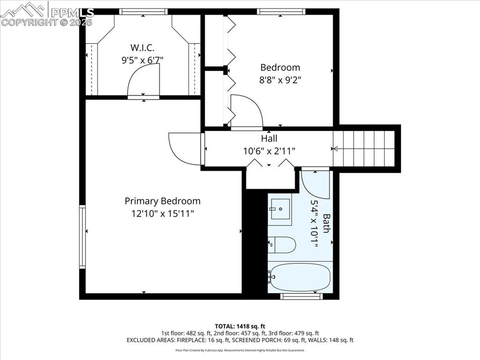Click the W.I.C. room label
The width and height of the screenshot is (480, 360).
[142, 47]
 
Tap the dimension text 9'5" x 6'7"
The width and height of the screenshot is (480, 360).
[142, 60]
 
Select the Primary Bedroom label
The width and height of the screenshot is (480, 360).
[162, 201]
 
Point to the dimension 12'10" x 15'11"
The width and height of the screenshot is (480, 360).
[162, 213]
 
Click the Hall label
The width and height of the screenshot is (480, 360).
[269, 138]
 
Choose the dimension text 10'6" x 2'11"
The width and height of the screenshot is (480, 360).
[269, 151]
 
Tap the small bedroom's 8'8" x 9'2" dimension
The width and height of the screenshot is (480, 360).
[280, 80]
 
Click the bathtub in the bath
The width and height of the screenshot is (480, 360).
[300, 277]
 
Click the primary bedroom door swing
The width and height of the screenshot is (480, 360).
[185, 149]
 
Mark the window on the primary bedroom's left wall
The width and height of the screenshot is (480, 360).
[82, 236]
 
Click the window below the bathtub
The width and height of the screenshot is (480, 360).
[302, 296]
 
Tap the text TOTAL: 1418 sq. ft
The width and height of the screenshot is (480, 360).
[240, 326]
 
